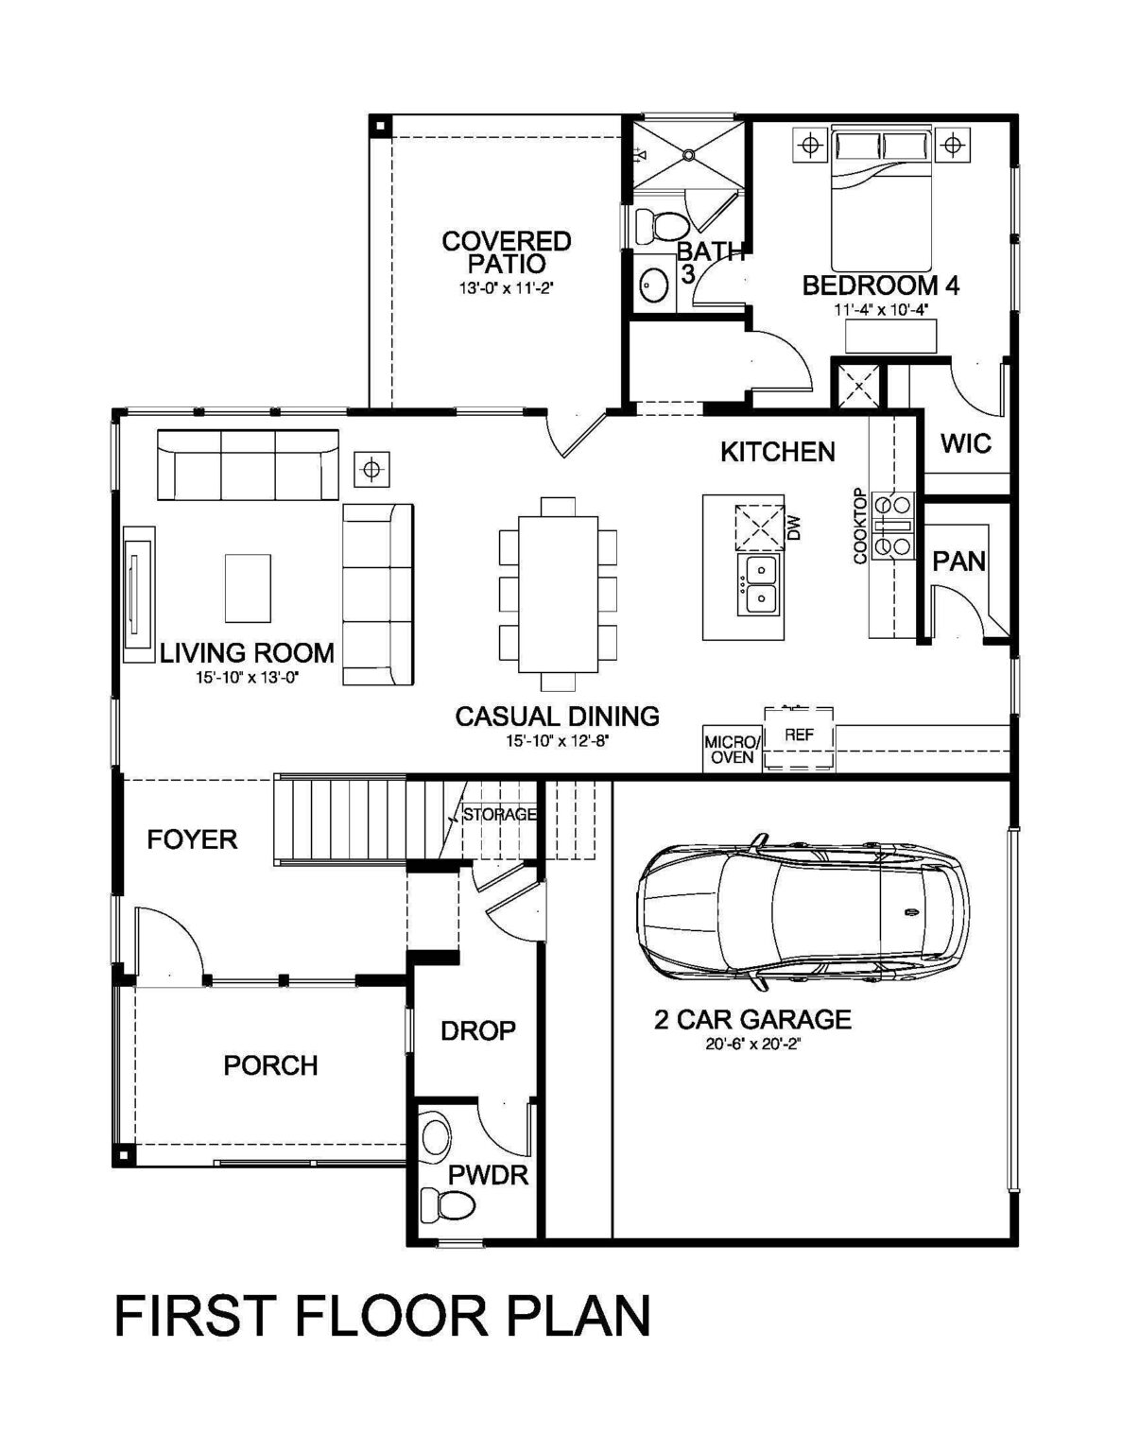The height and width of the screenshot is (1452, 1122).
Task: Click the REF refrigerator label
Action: (799, 735)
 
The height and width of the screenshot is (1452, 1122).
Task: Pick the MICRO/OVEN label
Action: (732, 750)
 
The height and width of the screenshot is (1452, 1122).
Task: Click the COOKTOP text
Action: (860, 526)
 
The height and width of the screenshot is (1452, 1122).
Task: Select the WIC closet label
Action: (966, 443)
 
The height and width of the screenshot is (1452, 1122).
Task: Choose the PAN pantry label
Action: (959, 561)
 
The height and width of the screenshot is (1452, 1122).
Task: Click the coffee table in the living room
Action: (247, 588)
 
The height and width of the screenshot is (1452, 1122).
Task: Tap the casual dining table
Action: (559, 594)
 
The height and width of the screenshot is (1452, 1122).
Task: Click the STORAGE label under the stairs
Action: (499, 815)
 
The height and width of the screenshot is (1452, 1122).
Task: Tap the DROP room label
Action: (478, 1031)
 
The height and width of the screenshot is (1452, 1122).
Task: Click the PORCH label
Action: (270, 1065)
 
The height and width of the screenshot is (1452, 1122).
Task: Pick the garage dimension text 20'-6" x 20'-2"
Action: (752, 1046)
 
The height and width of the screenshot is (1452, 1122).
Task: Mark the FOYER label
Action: (192, 840)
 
